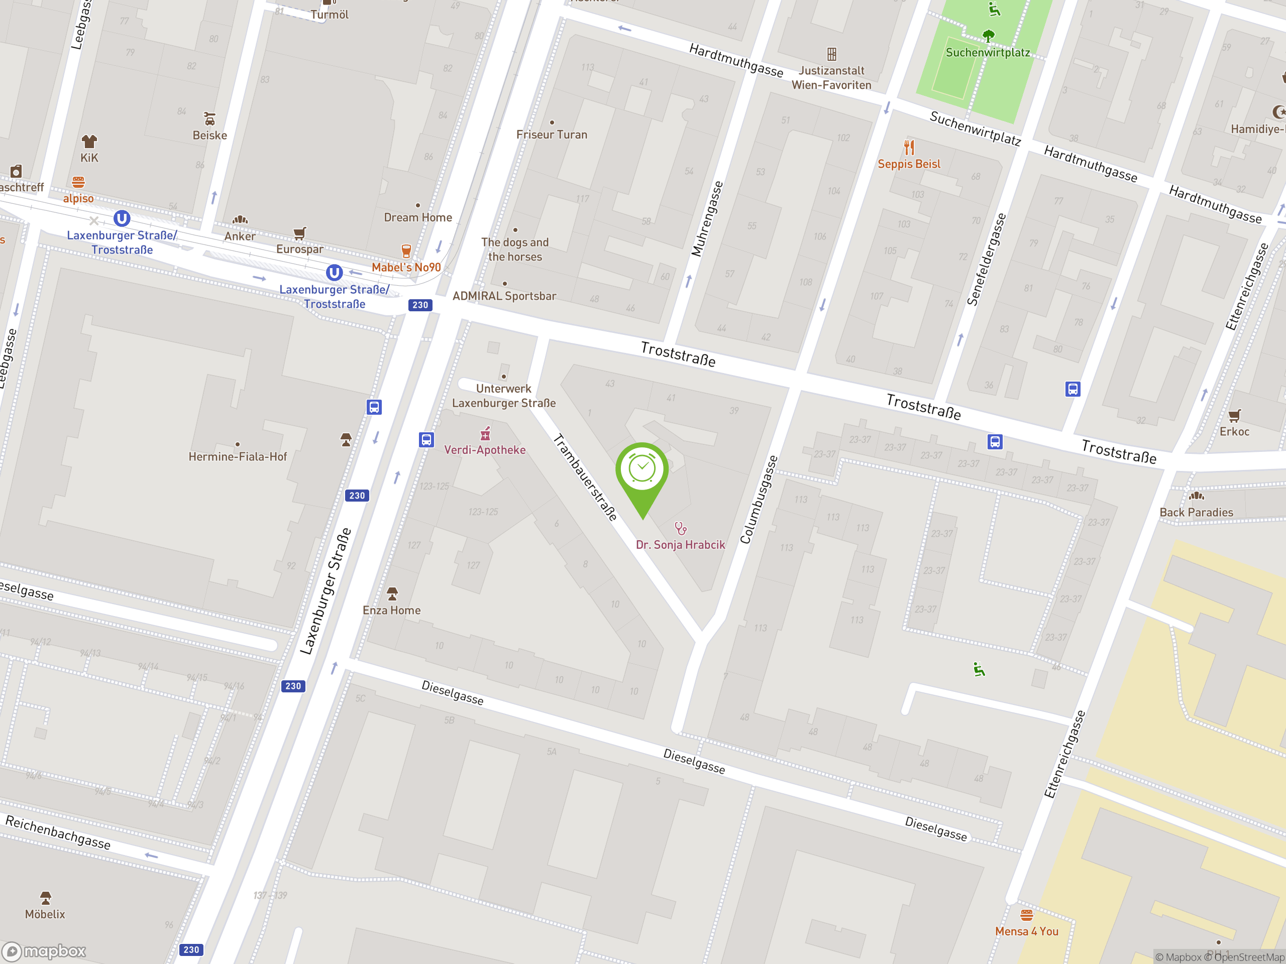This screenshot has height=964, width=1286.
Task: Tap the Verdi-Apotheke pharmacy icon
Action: click(485, 433)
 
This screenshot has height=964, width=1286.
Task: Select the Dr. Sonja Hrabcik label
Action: click(680, 544)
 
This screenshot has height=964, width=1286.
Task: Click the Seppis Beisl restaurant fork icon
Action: click(909, 147)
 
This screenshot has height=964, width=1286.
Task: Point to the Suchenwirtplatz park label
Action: click(987, 52)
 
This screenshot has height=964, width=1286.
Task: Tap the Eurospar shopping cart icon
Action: click(299, 233)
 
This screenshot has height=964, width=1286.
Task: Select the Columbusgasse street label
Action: click(758, 500)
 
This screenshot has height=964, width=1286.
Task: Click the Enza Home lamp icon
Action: click(392, 593)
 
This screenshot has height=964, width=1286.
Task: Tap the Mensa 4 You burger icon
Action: click(1027, 915)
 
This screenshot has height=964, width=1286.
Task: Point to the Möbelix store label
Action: click(45, 914)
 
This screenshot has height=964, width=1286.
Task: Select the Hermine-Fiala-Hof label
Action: click(237, 457)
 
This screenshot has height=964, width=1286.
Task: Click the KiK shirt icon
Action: click(89, 141)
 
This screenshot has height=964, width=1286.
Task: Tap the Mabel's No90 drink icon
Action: click(406, 251)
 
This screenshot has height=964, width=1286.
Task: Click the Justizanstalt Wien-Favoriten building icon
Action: click(832, 54)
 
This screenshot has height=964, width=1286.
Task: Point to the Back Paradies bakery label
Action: click(1196, 512)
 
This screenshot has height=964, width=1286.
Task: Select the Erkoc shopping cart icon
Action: click(1234, 415)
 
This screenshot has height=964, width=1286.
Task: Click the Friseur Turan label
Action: click(552, 134)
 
